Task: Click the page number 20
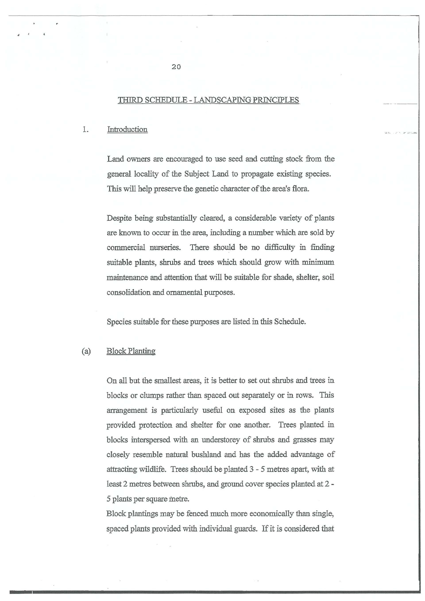176,67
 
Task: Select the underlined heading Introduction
127,129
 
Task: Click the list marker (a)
86,351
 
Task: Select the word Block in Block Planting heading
116,351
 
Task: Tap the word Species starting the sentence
119,321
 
